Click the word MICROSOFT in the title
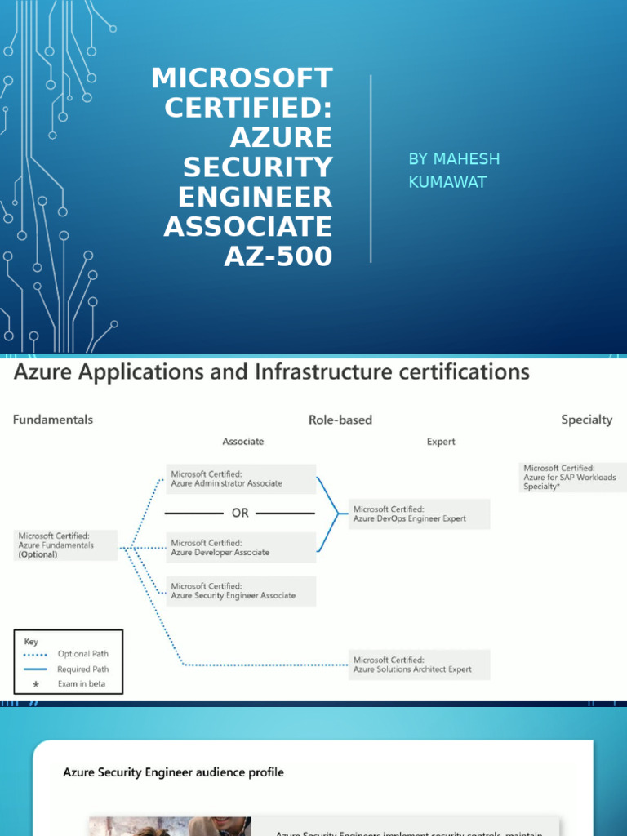(242, 78)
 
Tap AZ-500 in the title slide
(278, 256)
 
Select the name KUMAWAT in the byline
(447, 181)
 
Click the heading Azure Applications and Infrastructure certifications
(271, 372)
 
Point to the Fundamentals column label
(53, 420)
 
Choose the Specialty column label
(586, 420)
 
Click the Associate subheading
(243, 442)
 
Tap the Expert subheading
(441, 442)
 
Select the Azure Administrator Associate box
(242, 478)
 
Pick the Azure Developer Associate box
(242, 547)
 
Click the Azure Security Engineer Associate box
(242, 590)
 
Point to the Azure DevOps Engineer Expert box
(420, 514)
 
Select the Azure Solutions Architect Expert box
(420, 665)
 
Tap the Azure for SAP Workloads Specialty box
(569, 477)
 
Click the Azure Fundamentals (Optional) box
(66, 545)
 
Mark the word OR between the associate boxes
(240, 514)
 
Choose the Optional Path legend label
(82, 654)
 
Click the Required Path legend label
(83, 669)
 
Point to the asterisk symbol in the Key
(35, 684)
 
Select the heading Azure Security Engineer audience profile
(174, 772)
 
